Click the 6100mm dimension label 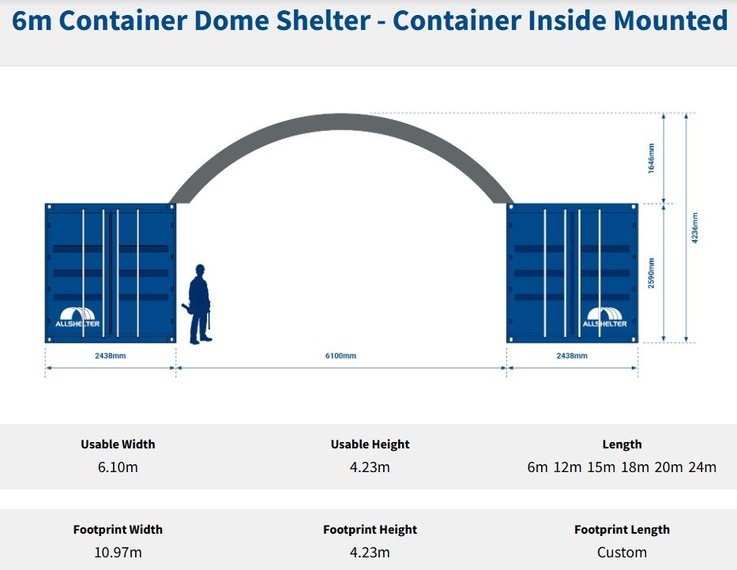(340, 356)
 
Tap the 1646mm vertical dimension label (651, 158)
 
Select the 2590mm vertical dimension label (651, 272)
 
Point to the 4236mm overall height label (694, 227)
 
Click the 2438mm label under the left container (110, 356)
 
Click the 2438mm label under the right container (571, 356)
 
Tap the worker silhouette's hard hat (200, 269)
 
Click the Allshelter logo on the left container (77, 316)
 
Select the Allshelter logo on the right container (605, 317)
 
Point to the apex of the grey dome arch (341, 121)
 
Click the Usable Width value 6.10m (118, 467)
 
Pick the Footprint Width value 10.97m (118, 552)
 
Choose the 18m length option (635, 467)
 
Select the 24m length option (702, 467)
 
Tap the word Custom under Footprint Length (622, 552)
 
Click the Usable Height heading (370, 444)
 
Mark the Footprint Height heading (370, 530)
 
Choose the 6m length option (537, 467)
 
